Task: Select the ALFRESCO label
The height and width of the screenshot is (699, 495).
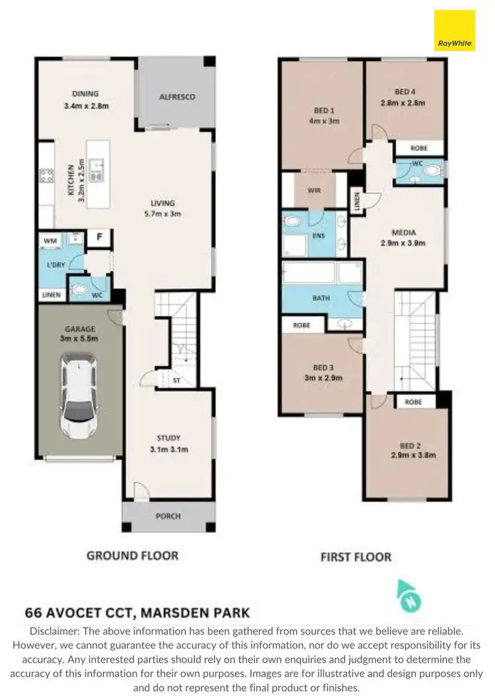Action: coord(177,97)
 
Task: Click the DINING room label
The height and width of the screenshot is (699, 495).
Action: coord(85,94)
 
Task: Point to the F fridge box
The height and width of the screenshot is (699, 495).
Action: coord(100,237)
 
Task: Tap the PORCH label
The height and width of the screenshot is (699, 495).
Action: coord(168,516)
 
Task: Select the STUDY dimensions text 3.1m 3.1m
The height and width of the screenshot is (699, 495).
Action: coord(168,450)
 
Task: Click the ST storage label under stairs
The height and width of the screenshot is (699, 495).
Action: coord(176,380)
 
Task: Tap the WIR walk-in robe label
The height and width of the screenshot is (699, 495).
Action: coord(314,191)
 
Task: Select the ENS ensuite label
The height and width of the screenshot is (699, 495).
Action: coord(319,234)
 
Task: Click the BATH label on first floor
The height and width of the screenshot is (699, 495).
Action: coord(321,298)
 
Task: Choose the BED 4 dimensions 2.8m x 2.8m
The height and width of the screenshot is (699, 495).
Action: coord(403,103)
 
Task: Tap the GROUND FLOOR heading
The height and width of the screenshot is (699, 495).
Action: coord(133,556)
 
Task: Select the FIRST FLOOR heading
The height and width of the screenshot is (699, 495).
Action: coord(356,557)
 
